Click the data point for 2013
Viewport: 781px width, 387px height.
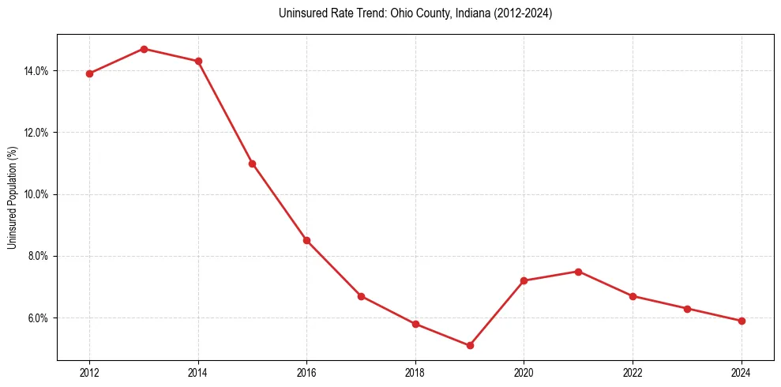tap(144, 49)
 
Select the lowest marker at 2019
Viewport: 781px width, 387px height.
tap(470, 345)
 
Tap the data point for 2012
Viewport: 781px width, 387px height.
tap(89, 73)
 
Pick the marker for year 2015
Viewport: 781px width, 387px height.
tap(252, 163)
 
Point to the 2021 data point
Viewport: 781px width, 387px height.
tap(578, 272)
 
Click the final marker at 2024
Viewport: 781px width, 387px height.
tap(742, 321)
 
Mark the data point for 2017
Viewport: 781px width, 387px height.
tap(361, 296)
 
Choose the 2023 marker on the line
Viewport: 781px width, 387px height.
tap(687, 309)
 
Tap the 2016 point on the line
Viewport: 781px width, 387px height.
tap(306, 240)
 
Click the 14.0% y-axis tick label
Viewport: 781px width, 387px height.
tap(36, 71)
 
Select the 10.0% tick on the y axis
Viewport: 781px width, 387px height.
tap(36, 194)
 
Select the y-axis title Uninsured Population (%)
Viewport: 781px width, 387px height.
tap(13, 197)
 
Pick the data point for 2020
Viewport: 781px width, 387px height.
tap(524, 280)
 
